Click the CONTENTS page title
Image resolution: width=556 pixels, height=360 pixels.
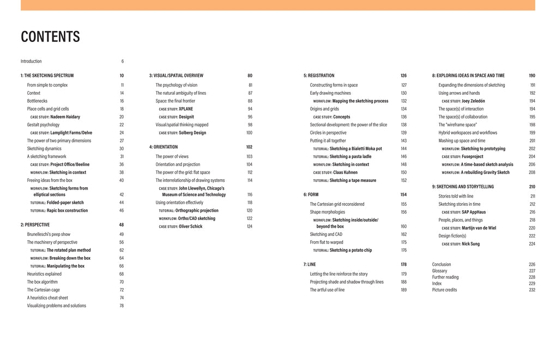point(50,36)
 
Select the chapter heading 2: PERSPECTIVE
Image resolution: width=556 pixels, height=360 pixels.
point(35,224)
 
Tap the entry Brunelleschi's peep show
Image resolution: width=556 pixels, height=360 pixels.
point(49,234)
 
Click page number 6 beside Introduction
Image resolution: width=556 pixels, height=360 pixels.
point(122,62)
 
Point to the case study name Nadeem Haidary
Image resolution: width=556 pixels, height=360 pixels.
point(65,117)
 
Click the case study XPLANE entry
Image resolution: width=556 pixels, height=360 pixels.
point(185,109)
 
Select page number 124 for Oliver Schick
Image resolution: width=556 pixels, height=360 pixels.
point(249,227)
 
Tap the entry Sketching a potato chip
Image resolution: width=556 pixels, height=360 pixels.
point(350,250)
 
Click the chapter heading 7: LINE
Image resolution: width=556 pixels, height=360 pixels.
point(310,264)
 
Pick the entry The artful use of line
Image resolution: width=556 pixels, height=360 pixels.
point(327,290)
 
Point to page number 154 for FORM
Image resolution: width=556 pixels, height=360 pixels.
point(403,194)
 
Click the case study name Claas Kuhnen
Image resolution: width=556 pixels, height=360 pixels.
point(345,173)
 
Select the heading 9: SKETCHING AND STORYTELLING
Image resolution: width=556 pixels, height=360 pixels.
point(463,187)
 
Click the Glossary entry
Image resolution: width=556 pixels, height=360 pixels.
point(439,271)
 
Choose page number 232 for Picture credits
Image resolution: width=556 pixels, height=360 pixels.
point(531,290)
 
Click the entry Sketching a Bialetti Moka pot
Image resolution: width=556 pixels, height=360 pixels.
point(355,149)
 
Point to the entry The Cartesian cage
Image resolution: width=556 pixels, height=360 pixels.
point(45,290)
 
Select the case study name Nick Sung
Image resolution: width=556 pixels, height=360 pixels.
point(470,244)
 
